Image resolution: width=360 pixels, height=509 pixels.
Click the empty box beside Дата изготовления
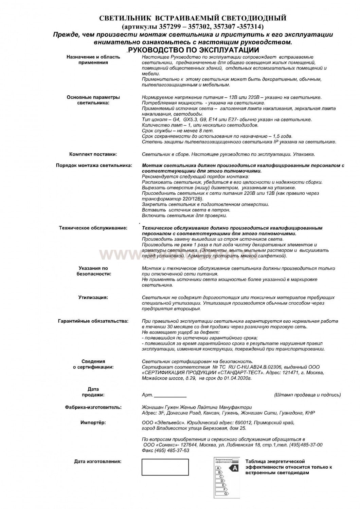click(165, 467)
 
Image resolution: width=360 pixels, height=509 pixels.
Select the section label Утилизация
click(93, 298)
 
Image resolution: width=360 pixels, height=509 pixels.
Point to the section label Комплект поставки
click(93, 154)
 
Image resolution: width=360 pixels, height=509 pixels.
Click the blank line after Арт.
click(170, 395)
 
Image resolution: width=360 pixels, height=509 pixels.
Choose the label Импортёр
click(93, 422)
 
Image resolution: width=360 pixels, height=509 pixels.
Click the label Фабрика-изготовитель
click(93, 407)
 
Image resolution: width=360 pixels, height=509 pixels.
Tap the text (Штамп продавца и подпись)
click(307, 395)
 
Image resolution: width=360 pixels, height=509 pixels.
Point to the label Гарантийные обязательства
click(93, 321)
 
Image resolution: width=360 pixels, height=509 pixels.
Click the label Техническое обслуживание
click(93, 228)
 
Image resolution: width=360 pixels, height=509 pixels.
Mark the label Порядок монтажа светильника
click(94, 166)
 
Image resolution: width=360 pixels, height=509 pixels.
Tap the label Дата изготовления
click(97, 461)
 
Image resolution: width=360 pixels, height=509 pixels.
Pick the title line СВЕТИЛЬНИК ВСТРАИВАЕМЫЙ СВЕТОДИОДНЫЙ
click(192, 18)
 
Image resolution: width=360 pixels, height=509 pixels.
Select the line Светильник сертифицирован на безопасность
click(197, 361)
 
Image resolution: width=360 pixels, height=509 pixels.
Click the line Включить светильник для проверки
click(184, 216)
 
